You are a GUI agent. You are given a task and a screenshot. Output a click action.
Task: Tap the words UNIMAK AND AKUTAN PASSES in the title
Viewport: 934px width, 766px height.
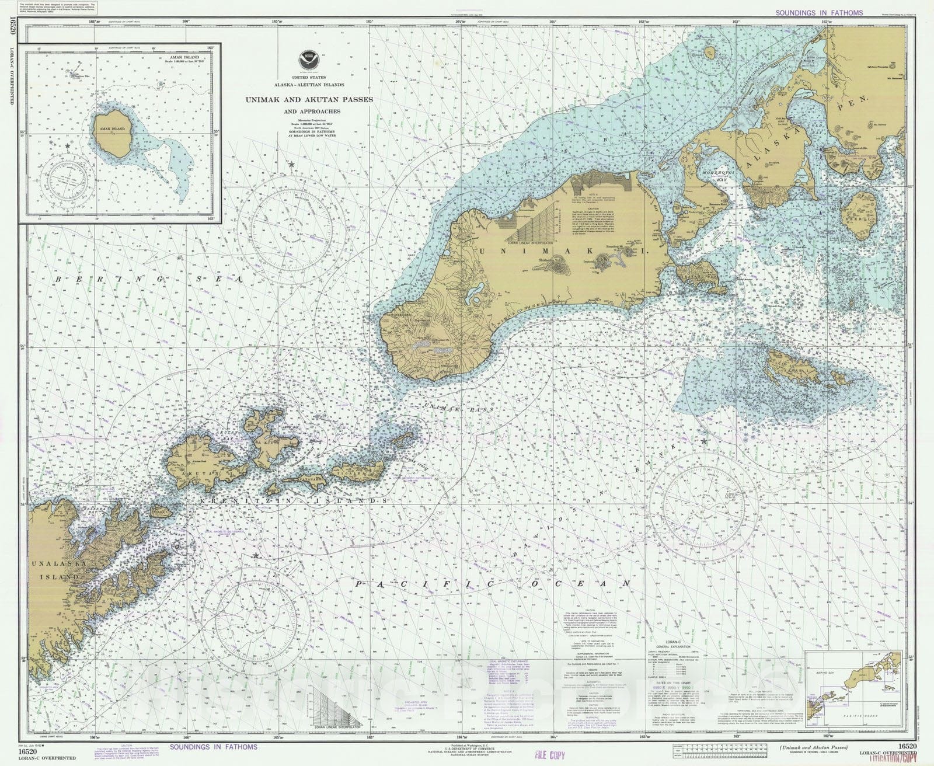[x=309, y=100]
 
